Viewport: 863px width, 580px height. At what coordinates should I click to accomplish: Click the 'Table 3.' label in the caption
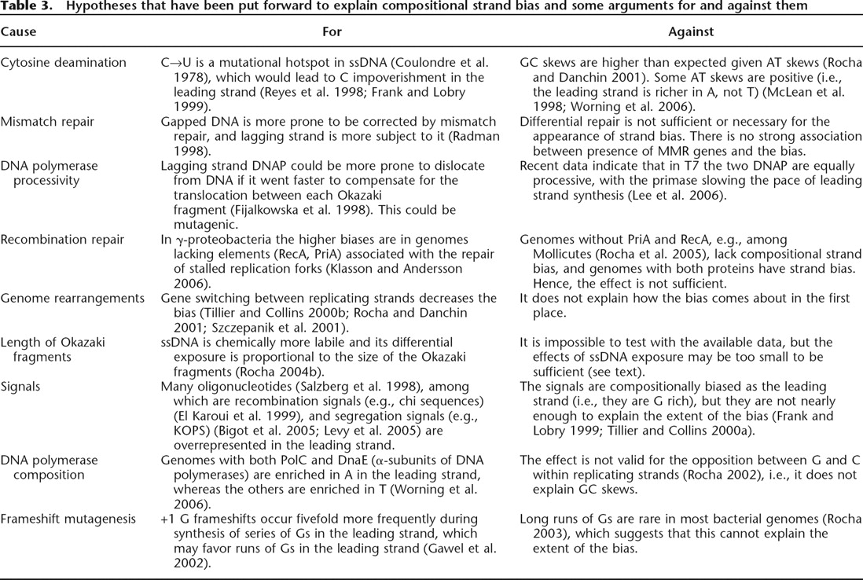(24, 7)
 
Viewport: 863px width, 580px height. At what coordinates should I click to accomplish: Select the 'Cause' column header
(18, 32)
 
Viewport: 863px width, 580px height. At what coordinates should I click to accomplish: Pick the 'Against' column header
(690, 32)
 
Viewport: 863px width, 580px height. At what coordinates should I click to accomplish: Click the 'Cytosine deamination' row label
(63, 62)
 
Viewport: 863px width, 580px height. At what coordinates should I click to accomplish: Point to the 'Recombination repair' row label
(62, 239)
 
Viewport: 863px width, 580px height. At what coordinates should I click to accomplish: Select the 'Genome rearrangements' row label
(72, 298)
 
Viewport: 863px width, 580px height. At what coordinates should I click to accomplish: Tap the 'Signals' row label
(20, 386)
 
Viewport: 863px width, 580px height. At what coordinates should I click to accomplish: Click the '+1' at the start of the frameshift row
(168, 519)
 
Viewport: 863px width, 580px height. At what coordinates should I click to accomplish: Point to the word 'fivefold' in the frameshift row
(309, 519)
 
